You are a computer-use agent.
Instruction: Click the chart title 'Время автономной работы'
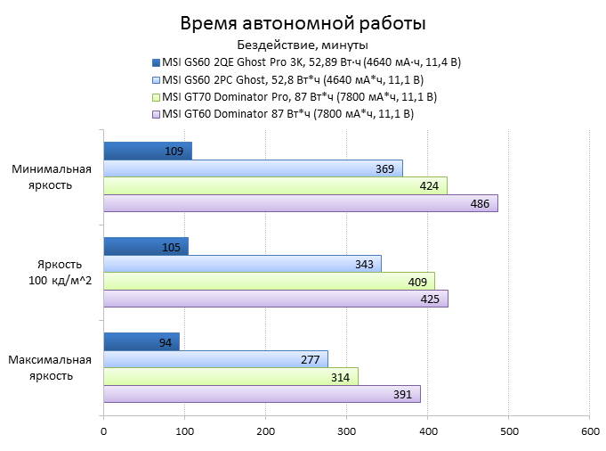303,23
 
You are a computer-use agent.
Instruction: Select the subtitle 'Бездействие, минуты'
303,45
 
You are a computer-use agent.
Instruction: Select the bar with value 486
300,203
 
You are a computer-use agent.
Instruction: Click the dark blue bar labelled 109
147,152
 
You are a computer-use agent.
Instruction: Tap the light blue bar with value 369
253,168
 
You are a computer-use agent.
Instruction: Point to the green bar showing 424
275,185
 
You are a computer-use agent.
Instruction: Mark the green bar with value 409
269,281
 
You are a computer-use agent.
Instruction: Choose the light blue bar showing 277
215,358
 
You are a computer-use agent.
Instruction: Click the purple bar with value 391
262,393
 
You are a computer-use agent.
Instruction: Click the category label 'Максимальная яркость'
51,367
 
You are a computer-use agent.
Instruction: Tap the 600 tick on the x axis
589,432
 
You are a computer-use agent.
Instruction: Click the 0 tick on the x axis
104,432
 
